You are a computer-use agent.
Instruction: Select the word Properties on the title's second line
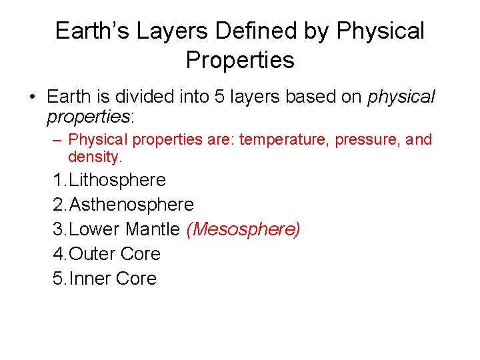pyautogui.click(x=240, y=60)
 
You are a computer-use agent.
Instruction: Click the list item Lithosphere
pyautogui.click(x=117, y=180)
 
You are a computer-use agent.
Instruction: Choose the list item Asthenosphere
pyautogui.click(x=131, y=205)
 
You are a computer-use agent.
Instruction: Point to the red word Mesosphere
pyautogui.click(x=244, y=229)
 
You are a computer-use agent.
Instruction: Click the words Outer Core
pyautogui.click(x=115, y=254)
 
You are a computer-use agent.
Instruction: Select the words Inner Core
pyautogui.click(x=113, y=279)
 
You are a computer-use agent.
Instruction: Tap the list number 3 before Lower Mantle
pyautogui.click(x=58, y=229)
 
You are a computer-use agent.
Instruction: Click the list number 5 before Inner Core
pyautogui.click(x=58, y=279)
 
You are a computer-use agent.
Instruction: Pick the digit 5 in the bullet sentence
pyautogui.click(x=219, y=97)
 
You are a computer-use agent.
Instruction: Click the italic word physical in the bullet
pyautogui.click(x=401, y=97)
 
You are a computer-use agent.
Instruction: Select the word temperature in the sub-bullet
pyautogui.click(x=279, y=140)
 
